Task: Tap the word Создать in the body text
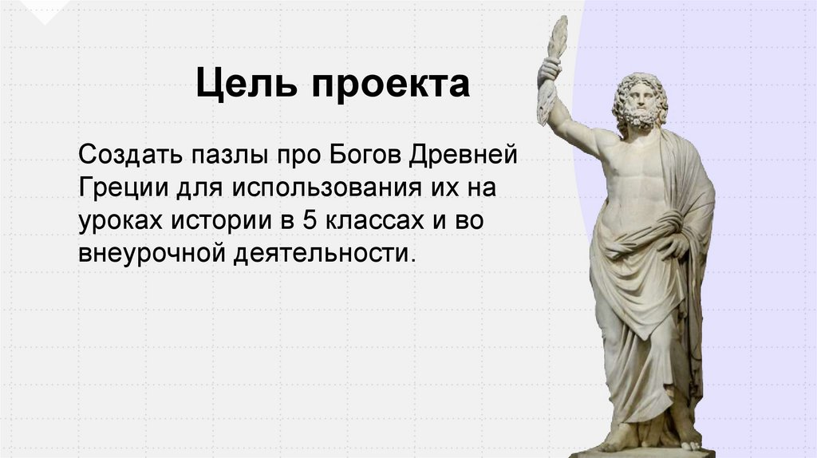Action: [x=128, y=151]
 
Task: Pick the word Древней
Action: [x=464, y=151]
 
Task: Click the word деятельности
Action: [x=325, y=255]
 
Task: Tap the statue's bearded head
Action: [x=640, y=101]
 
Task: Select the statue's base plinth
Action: [x=641, y=452]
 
